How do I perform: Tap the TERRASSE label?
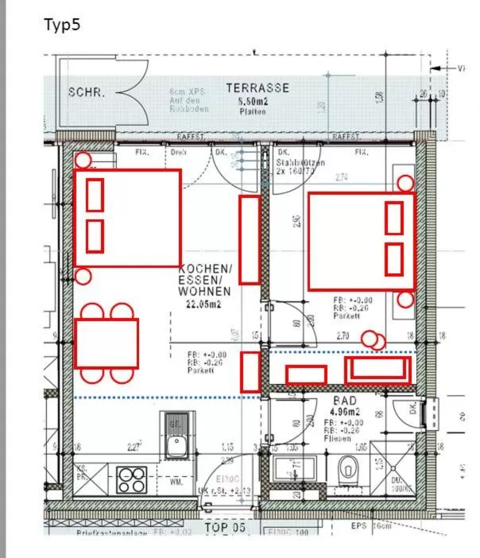(257, 87)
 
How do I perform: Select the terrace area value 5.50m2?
(253, 103)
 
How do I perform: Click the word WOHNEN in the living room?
(204, 292)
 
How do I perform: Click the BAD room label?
(345, 401)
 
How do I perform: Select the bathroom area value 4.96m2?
(345, 412)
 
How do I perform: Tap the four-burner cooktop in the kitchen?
(131, 479)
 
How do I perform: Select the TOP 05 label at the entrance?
(226, 527)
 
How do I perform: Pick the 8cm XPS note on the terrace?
(185, 92)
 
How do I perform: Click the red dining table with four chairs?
(106, 343)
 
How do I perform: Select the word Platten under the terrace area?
(253, 112)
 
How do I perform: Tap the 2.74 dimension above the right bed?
(342, 177)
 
